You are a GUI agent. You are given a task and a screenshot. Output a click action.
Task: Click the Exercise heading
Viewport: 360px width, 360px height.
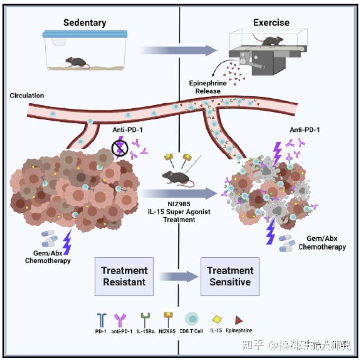pos(271,23)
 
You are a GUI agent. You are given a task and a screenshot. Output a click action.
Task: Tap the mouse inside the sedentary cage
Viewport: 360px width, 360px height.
pos(77,62)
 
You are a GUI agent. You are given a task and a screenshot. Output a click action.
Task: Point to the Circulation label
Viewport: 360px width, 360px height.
pos(27,95)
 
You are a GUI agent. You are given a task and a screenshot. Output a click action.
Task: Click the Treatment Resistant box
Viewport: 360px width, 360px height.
pos(124,276)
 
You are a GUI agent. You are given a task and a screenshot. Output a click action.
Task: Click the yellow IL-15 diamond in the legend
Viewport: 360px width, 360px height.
pos(216,320)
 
